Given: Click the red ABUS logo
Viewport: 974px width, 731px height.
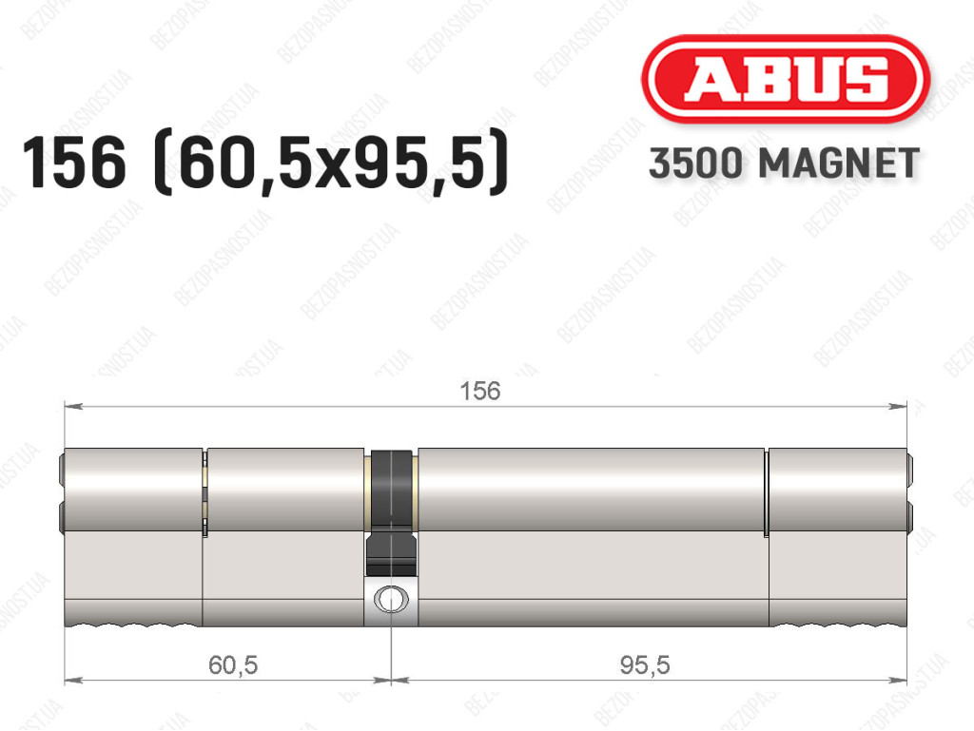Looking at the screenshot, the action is (x=785, y=79).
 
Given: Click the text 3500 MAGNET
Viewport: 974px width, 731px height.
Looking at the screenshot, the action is (x=784, y=164).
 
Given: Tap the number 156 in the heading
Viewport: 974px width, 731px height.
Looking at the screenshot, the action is (x=74, y=163).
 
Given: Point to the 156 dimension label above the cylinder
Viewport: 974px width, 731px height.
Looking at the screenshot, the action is (x=479, y=391).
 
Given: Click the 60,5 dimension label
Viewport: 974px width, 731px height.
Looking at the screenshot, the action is (x=233, y=665).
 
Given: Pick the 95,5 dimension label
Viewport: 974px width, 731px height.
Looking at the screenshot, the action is (x=645, y=665).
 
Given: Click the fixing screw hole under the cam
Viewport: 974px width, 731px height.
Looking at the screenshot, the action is (x=391, y=599).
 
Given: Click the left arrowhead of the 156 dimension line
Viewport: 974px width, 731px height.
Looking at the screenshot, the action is (x=73, y=407).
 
